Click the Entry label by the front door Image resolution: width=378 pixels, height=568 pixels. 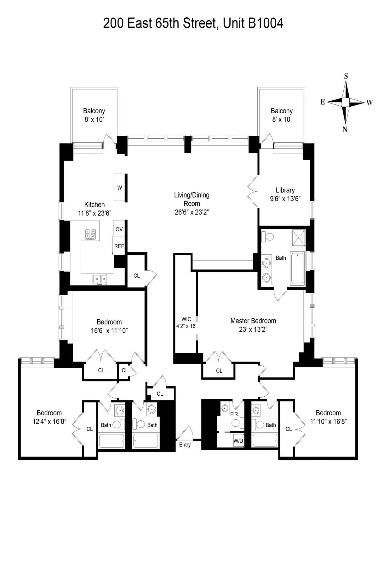(x=185, y=445)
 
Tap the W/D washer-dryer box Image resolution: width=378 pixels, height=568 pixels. (x=238, y=441)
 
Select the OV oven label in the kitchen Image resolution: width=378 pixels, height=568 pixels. (x=119, y=229)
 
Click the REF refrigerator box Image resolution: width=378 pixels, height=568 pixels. (x=119, y=246)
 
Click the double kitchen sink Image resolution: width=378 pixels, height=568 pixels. (x=100, y=279)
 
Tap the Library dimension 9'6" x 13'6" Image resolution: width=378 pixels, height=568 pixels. (x=285, y=199)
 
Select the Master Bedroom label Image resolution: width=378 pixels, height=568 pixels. (x=253, y=321)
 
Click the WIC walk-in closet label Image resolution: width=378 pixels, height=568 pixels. (x=186, y=319)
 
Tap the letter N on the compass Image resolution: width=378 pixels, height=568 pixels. (x=345, y=129)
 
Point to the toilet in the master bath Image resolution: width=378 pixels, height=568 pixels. (x=268, y=236)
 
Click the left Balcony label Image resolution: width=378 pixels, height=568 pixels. (x=94, y=111)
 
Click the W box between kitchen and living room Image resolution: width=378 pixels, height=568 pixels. (x=120, y=187)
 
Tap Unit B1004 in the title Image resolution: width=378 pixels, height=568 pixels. (x=253, y=24)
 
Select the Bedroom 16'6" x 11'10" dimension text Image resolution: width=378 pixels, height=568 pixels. (x=109, y=330)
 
